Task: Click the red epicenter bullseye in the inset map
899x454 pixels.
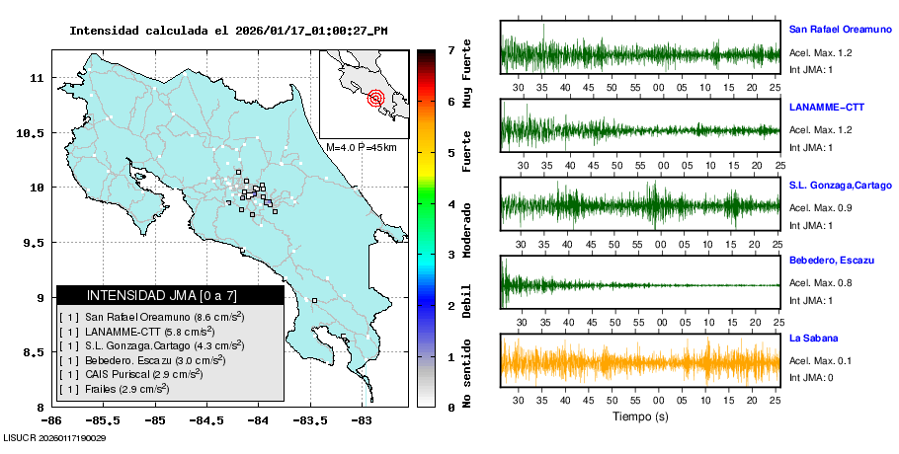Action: click(x=375, y=98)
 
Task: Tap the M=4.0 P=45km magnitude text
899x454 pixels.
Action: click(x=361, y=148)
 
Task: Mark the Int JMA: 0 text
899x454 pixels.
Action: click(x=811, y=377)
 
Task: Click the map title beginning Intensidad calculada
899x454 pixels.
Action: click(x=228, y=31)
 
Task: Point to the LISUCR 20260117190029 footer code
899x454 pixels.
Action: click(x=55, y=437)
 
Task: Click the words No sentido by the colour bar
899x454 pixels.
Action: click(x=467, y=380)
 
